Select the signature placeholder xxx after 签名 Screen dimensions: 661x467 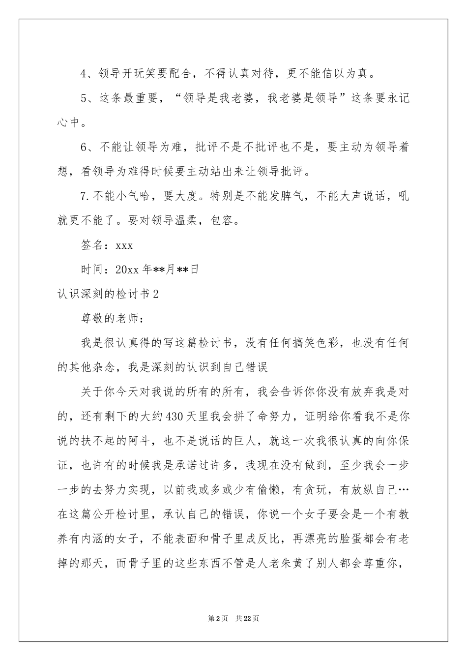(x=123, y=245)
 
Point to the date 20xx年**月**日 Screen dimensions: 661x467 (x=157, y=270)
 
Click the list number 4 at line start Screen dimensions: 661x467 (x=83, y=74)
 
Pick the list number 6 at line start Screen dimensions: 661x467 (x=83, y=148)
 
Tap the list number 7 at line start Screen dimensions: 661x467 (x=83, y=196)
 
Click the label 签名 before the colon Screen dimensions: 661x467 (x=91, y=245)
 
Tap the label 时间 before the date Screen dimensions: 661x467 (x=91, y=270)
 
